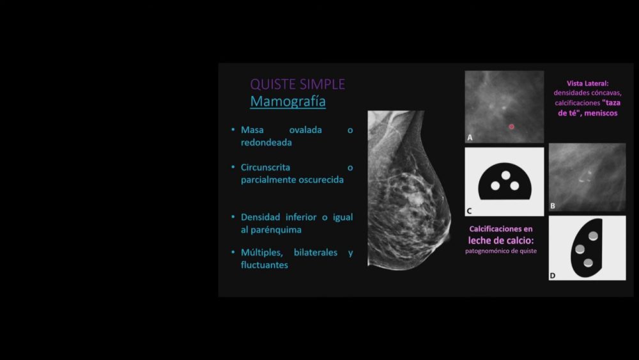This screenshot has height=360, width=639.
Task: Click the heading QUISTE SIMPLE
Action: point(298,84)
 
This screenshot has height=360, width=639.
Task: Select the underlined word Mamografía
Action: point(288,102)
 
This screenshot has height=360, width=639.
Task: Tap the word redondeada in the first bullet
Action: point(266,143)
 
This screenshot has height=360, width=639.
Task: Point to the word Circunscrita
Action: point(265,167)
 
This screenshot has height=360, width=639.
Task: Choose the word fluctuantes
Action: point(264,265)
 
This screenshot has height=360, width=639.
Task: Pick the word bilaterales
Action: point(316,253)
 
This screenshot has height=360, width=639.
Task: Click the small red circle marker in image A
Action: point(511,127)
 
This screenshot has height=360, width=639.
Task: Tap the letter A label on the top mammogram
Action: point(470,138)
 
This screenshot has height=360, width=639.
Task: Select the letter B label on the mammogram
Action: point(553,206)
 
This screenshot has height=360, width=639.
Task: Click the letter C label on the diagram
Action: point(469,211)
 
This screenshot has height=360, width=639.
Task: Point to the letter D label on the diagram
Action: point(553,276)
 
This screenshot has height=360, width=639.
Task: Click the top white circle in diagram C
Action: point(505,175)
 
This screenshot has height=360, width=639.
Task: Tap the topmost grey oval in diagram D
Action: point(594,235)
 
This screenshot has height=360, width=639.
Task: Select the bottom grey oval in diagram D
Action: point(588,263)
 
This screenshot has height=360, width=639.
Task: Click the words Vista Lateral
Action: point(587,83)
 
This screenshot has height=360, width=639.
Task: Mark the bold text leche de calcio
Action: point(501,240)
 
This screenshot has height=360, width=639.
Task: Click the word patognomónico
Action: point(486,251)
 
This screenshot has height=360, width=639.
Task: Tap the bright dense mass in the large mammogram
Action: point(415,199)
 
